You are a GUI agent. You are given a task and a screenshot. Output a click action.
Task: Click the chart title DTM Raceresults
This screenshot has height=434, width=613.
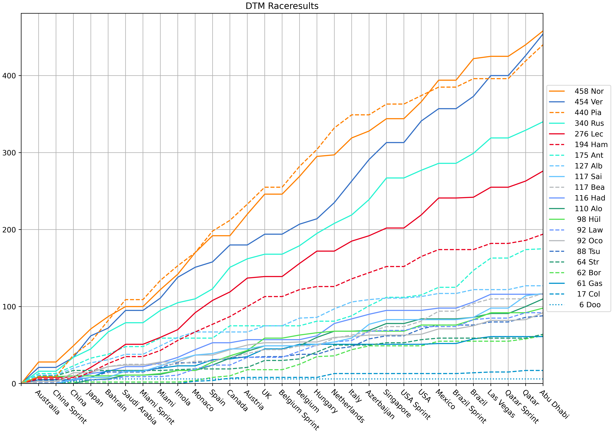click(282, 6)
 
